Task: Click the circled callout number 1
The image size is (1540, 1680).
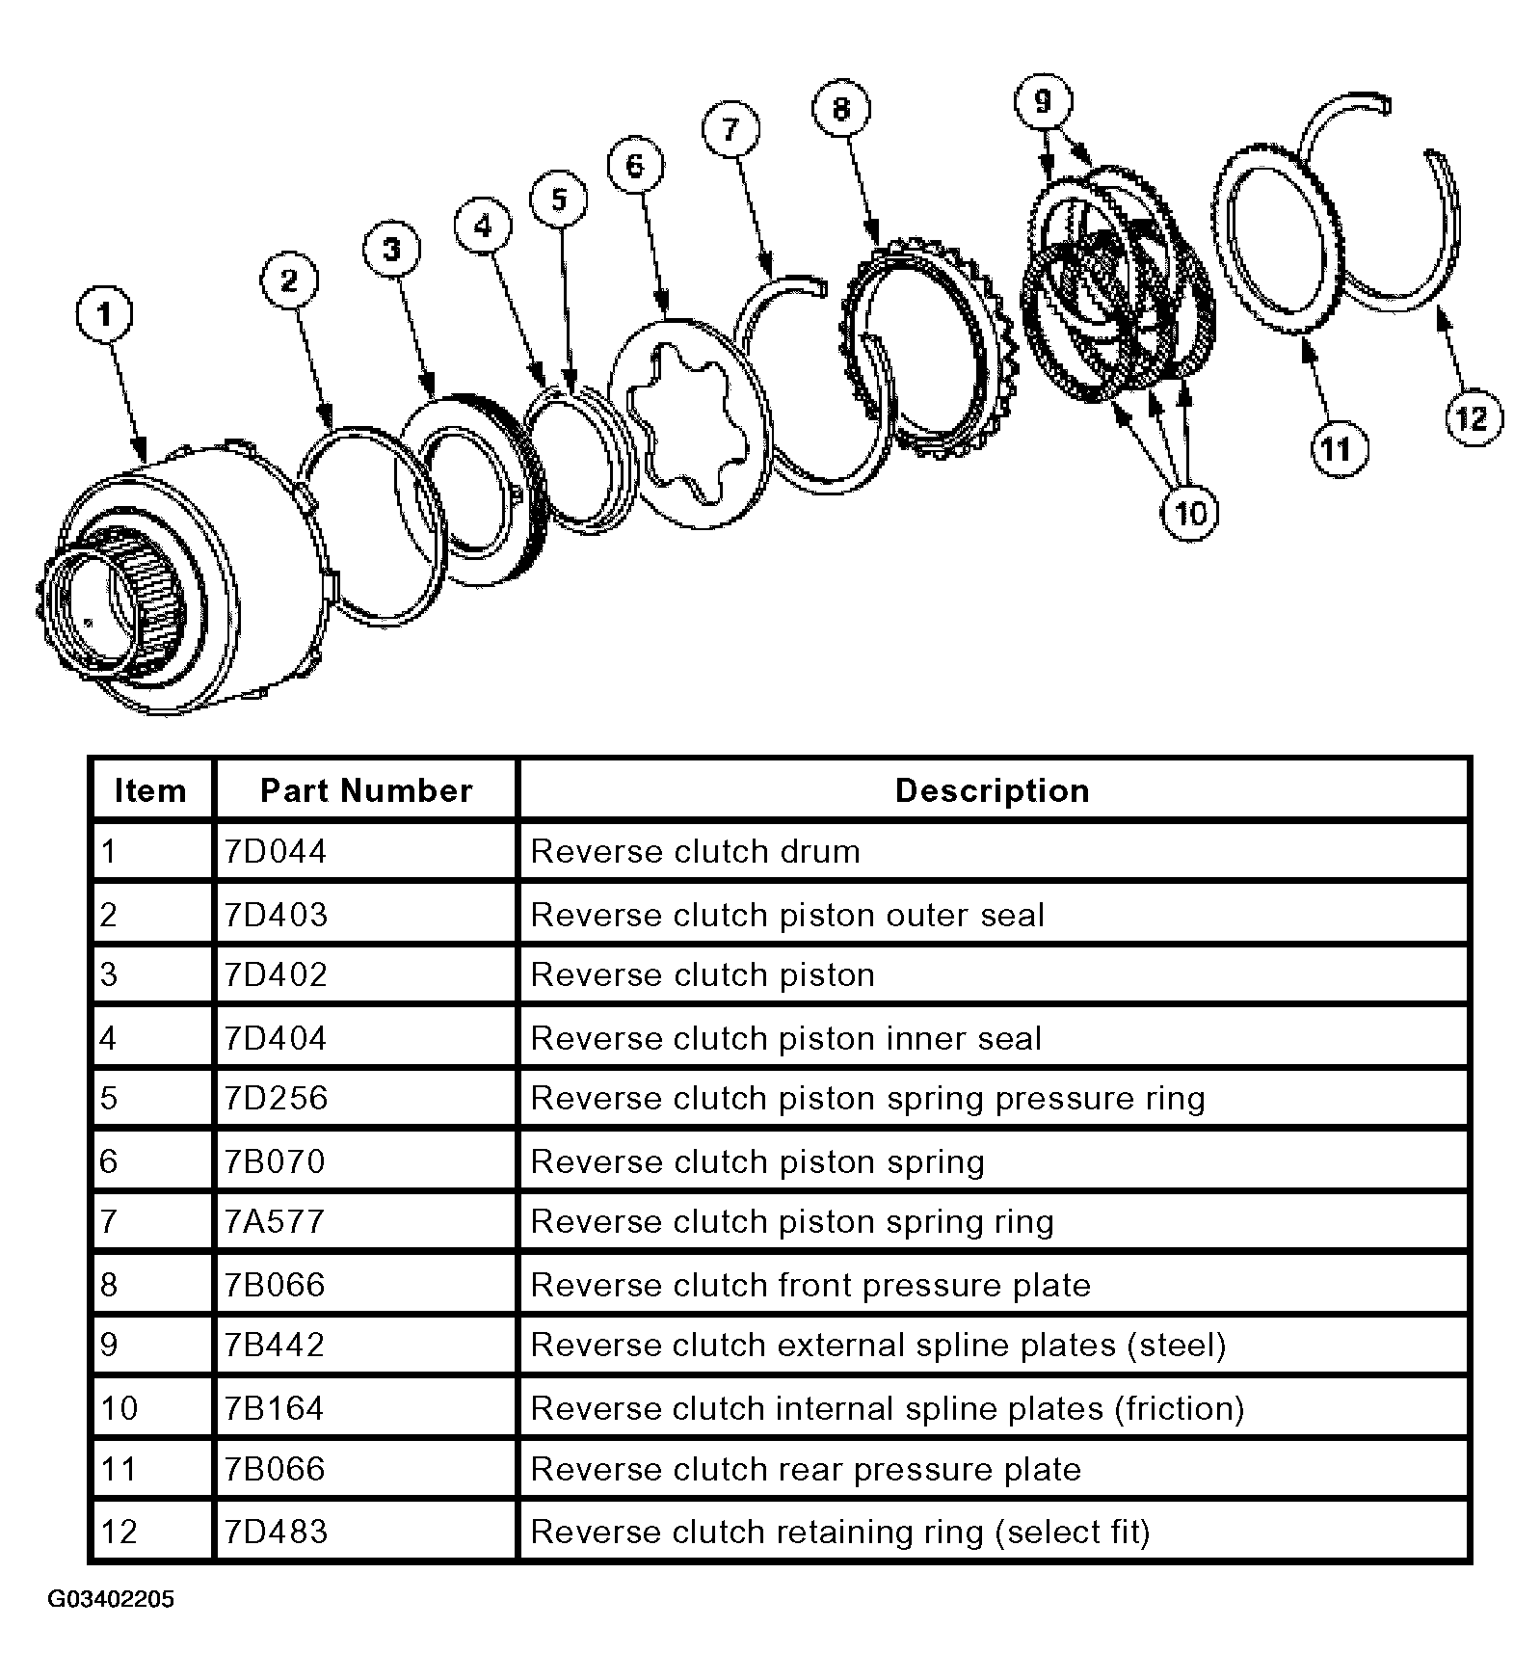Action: pos(105,313)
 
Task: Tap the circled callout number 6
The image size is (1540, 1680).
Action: pos(635,166)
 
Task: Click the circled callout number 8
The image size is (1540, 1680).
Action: pos(841,109)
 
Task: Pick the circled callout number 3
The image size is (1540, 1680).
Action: pos(392,250)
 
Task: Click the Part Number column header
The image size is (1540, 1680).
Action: pos(366,790)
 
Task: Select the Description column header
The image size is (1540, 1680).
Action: pos(993,790)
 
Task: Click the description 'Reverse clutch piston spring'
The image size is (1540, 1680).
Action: pos(757,1161)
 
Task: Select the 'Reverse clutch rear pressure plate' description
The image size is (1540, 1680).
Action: pos(806,1470)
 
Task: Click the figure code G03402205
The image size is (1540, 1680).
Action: pos(111,1600)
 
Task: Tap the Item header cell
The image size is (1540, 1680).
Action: pos(150,790)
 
